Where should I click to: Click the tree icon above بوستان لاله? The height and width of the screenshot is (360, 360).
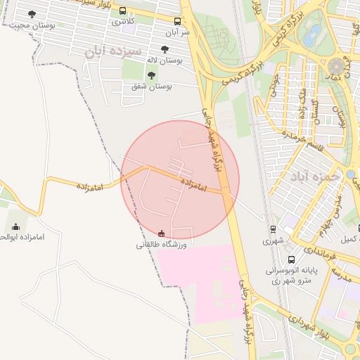[x=165, y=50]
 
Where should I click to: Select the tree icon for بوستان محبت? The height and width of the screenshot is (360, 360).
[x=32, y=14]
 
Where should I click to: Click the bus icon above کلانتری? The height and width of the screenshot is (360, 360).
[x=123, y=11]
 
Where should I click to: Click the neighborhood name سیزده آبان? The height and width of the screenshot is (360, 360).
[x=112, y=51]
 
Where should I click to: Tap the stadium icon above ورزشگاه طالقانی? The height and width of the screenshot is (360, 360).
[x=162, y=233]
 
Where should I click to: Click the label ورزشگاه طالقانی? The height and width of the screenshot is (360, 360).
[x=161, y=245]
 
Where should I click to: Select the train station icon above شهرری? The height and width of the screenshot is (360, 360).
[x=273, y=229]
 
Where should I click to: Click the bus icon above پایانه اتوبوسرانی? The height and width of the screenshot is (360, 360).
[x=291, y=259]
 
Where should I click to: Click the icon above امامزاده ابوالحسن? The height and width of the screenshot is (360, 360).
[x=15, y=226]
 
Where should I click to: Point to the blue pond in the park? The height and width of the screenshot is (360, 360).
[x=312, y=32]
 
